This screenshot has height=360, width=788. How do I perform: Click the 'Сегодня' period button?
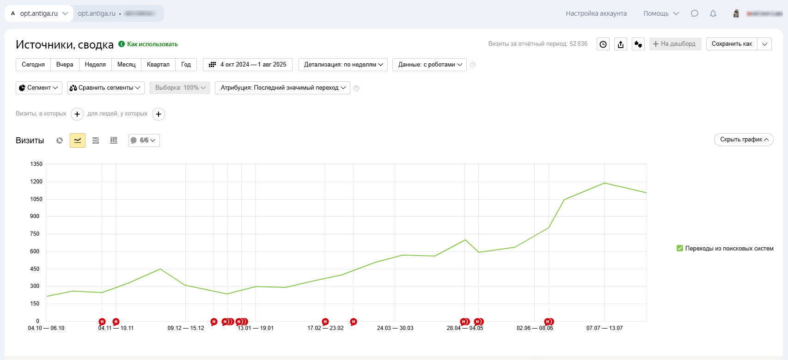pos(33,65)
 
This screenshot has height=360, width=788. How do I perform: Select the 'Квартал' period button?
pos(158,65)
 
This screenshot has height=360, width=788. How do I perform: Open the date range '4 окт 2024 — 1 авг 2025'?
pos(248,65)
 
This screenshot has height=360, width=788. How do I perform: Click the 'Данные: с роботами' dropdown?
pos(429,65)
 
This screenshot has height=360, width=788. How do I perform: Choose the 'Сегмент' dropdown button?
pos(39,88)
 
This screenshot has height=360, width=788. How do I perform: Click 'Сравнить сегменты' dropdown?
pos(105,88)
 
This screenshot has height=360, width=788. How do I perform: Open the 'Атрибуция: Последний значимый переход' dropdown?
pos(282,88)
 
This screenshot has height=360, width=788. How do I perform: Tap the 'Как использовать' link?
pos(152,44)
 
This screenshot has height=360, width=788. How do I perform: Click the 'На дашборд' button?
pos(675,44)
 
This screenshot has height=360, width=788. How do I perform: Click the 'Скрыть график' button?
pos(743,140)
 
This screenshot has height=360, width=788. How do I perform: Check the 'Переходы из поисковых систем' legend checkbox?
pos(680,249)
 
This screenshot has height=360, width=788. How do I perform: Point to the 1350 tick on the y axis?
pos(36,164)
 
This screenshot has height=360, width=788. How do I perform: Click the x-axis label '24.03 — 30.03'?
pos(395,328)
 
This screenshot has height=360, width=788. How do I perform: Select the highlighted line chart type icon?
pos(78,140)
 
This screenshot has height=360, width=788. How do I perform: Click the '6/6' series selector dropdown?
pos(144,140)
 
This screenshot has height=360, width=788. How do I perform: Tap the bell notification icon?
pos(713,13)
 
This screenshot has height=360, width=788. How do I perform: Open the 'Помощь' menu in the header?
pos(661,13)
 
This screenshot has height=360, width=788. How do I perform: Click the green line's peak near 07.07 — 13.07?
pos(604,183)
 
